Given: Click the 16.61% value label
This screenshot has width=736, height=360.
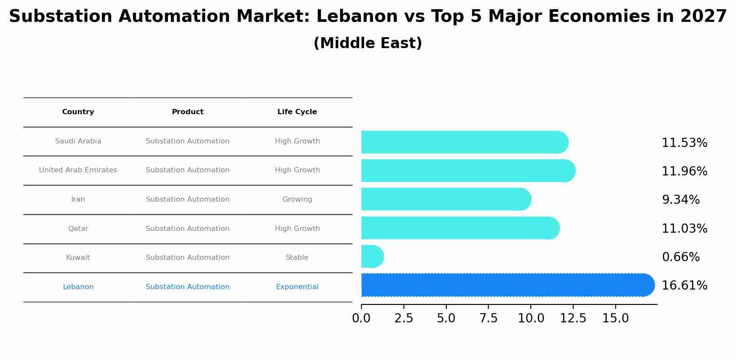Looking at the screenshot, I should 684,286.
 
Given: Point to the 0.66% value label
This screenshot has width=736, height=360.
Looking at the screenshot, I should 680,257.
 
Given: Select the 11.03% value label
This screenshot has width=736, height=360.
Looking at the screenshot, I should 684,228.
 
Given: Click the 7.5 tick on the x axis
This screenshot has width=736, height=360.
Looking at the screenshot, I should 488,318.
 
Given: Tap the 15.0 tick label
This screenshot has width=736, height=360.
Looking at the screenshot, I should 615,318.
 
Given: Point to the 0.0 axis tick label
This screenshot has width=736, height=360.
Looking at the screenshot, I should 361,318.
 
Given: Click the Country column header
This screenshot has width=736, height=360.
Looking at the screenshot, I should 78,112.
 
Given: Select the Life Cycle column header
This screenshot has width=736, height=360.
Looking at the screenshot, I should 297,112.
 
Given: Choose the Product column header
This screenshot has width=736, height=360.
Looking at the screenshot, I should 187,112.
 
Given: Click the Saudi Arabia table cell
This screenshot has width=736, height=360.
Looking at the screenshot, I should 78,141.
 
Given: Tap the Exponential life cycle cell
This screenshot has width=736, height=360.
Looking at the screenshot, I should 297,287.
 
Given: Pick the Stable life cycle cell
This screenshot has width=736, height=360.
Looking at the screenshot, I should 297,258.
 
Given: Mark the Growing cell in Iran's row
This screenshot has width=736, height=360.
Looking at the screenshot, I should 297,199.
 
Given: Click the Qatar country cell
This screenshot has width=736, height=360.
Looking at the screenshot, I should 78,229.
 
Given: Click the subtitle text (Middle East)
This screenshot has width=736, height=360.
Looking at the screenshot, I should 368,43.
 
